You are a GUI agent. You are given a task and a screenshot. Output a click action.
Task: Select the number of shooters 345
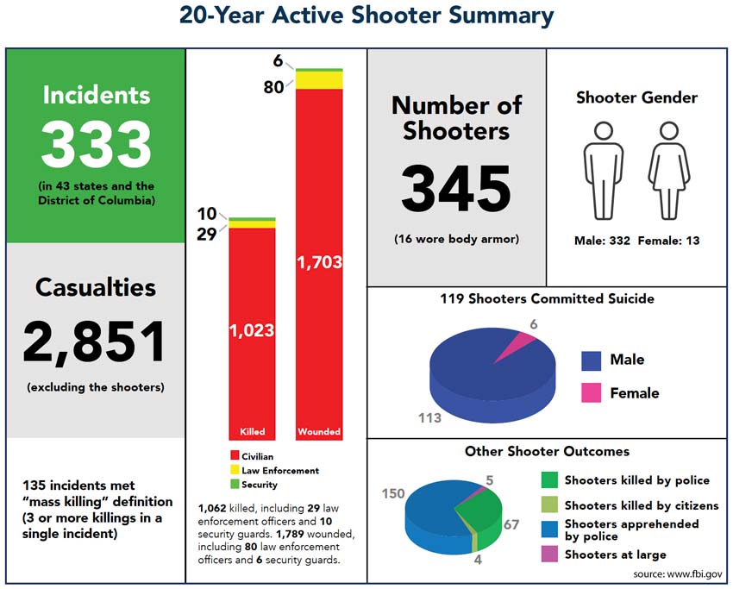point(456,189)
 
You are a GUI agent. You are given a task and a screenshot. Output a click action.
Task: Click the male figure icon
point(603,169)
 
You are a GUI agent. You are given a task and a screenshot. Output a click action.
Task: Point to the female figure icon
point(668,169)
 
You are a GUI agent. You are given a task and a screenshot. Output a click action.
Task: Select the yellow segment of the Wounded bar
point(318,80)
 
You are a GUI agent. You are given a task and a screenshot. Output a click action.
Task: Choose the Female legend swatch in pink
point(592,393)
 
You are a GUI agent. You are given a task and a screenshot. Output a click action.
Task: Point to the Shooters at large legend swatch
point(549,555)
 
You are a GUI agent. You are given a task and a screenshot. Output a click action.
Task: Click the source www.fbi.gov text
point(677,573)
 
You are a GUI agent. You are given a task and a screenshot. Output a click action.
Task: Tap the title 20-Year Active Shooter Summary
point(366,16)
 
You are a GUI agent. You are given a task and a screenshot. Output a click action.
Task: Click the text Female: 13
point(668,241)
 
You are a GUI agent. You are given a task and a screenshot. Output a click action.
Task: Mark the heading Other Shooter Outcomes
point(547,451)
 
